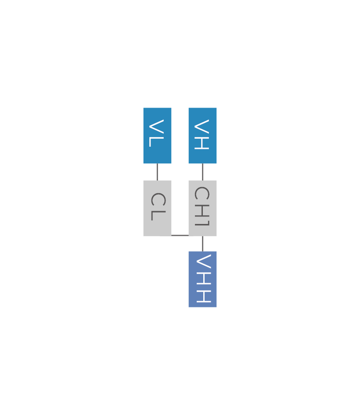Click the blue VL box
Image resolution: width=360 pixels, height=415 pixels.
click(x=157, y=135)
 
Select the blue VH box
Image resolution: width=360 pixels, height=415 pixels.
click(x=202, y=135)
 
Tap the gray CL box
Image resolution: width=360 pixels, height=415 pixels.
click(x=157, y=208)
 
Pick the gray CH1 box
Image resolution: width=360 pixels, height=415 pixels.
click(x=202, y=208)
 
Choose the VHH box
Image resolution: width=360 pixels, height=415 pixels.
click(x=202, y=279)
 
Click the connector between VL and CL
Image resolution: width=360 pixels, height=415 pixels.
click(x=157, y=172)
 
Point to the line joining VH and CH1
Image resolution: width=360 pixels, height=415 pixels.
click(x=202, y=172)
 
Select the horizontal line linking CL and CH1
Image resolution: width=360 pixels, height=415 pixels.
click(x=180, y=235)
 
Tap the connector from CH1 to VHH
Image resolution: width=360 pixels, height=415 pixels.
click(x=202, y=244)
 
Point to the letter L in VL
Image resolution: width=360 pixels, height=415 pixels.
click(x=156, y=141)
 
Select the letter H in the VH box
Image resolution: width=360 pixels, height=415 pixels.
click(x=201, y=143)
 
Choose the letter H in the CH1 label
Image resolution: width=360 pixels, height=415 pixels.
click(x=201, y=209)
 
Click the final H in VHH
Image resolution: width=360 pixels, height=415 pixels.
click(x=203, y=296)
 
